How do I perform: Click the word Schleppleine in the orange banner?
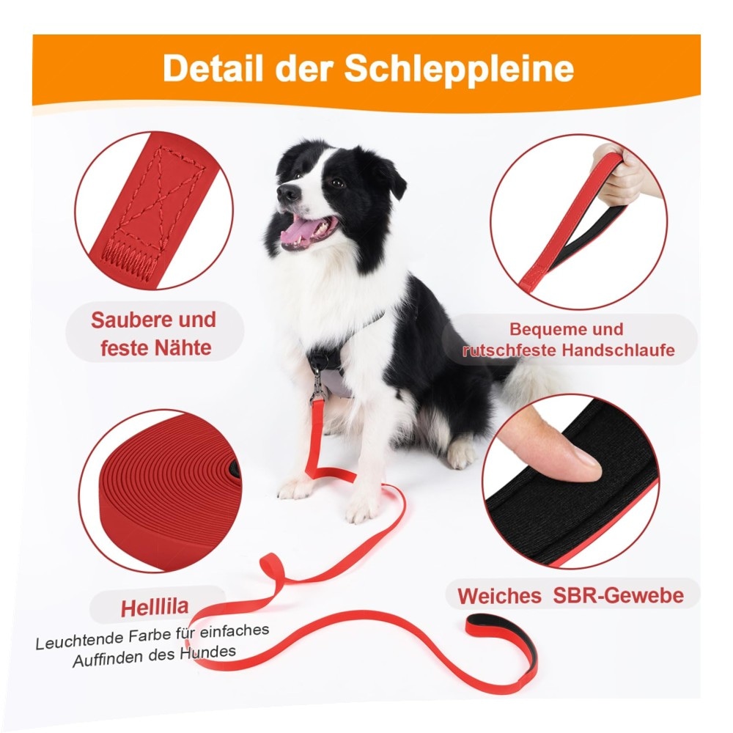[459, 69]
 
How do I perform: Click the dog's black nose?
[287, 191]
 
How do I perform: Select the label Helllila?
[155, 607]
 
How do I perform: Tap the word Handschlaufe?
[619, 350]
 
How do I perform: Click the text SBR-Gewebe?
[618, 595]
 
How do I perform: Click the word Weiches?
[499, 596]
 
